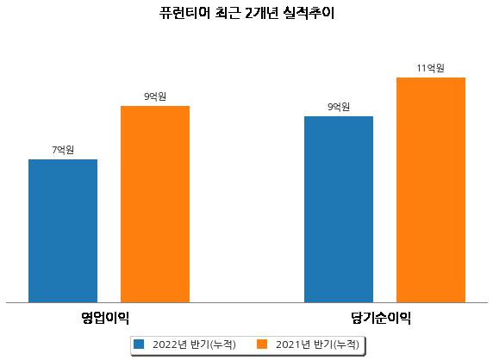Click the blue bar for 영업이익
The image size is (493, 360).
63,231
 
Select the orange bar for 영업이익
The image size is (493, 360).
155,204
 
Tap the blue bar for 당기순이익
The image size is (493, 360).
339,209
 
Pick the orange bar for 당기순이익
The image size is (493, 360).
431,190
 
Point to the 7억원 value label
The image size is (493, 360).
63,150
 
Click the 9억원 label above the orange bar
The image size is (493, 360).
155,96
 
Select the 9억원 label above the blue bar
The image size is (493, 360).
339,107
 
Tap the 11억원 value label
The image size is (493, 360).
430,68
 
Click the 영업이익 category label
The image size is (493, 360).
105,318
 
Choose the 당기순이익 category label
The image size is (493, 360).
381,318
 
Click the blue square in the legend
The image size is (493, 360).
139,344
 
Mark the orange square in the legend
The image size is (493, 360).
262,344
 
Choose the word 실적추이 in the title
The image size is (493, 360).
309,13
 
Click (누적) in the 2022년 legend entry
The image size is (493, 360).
222,344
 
